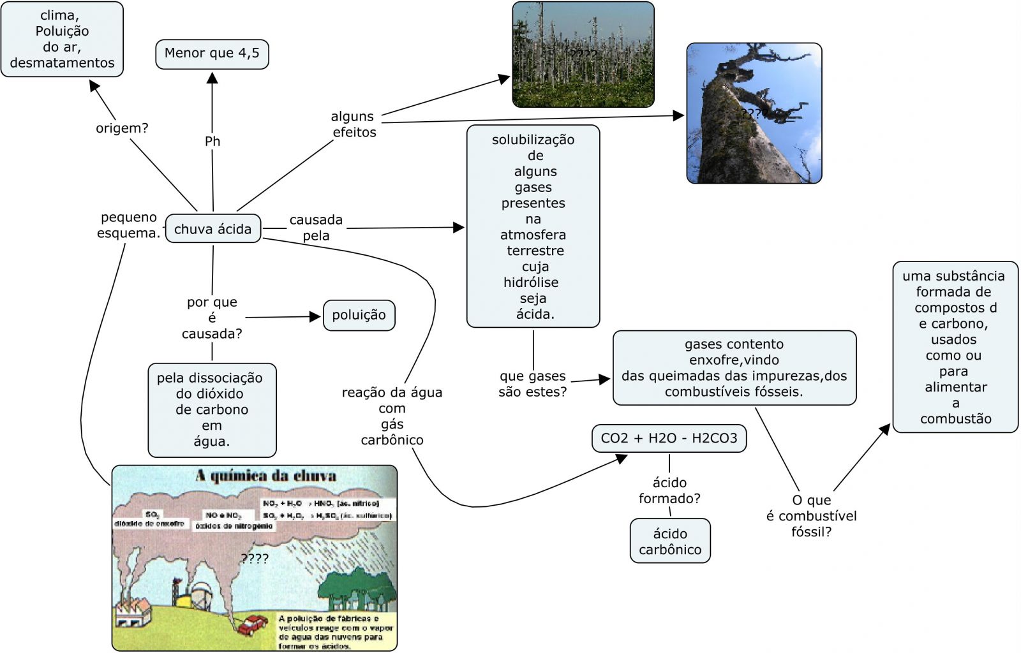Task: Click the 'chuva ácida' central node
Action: pyautogui.click(x=213, y=229)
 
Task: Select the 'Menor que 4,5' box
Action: pyautogui.click(x=212, y=54)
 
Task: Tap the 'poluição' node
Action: pyautogui.click(x=359, y=315)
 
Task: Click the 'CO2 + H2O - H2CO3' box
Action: pyautogui.click(x=669, y=439)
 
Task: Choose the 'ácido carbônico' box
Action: pyautogui.click(x=670, y=541)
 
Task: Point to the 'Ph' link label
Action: pyautogui.click(x=212, y=142)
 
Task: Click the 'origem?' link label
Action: pyautogui.click(x=122, y=128)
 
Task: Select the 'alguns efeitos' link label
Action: pyautogui.click(x=354, y=124)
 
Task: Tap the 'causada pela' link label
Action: pyautogui.click(x=316, y=228)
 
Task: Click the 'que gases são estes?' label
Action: pyautogui.click(x=533, y=384)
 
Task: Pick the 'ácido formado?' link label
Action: pyautogui.click(x=669, y=490)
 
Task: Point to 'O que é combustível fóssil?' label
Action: pyautogui.click(x=811, y=516)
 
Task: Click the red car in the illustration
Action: pyautogui.click(x=253, y=624)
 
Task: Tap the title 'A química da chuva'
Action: pyautogui.click(x=265, y=476)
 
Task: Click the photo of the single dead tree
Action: pyautogui.click(x=754, y=114)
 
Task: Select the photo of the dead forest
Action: pyautogui.click(x=583, y=54)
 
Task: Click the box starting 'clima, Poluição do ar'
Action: pyautogui.click(x=62, y=40)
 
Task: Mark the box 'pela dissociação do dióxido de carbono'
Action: pyautogui.click(x=212, y=409)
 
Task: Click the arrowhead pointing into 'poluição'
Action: pyautogui.click(x=315, y=316)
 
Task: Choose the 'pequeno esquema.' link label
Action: pyautogui.click(x=128, y=225)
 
